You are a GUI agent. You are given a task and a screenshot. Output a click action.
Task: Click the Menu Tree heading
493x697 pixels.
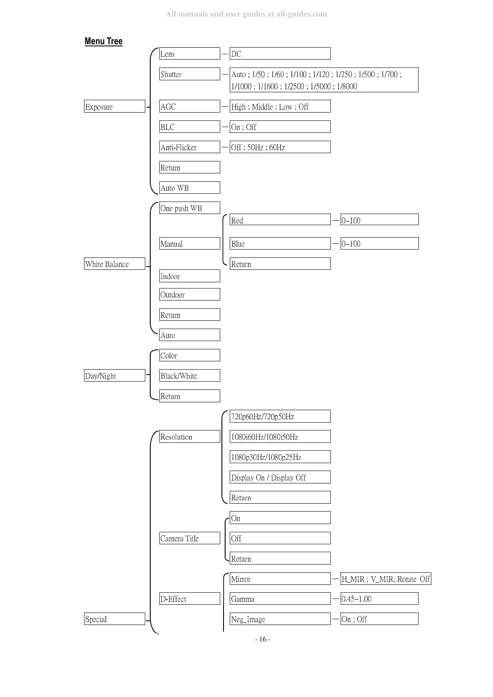103,41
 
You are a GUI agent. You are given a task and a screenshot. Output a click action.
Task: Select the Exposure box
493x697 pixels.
115,106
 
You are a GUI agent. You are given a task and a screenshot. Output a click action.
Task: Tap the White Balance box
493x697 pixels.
115,264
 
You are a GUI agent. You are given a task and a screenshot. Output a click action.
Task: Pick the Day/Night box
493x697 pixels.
115,375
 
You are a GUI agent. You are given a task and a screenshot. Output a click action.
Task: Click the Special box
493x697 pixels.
115,619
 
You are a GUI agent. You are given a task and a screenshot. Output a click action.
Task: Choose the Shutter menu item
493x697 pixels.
190,74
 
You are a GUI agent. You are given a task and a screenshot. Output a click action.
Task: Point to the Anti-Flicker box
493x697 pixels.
190,147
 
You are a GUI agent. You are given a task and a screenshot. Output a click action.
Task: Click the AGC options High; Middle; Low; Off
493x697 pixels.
280,106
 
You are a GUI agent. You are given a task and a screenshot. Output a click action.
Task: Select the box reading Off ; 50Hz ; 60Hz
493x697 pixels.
280,147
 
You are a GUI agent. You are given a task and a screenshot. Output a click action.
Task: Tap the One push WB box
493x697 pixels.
190,208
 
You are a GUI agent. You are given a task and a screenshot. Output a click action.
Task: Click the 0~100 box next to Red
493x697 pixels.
379,220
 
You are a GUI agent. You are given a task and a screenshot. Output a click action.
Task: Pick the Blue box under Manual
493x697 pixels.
280,243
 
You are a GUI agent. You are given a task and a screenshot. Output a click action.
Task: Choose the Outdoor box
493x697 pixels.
190,294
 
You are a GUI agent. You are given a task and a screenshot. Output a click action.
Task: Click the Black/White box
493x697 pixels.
190,375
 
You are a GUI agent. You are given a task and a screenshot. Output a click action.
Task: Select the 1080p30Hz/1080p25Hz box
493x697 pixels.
280,457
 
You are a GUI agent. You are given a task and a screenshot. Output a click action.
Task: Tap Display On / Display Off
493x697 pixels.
280,477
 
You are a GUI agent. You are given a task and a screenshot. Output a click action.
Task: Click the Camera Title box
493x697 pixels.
190,538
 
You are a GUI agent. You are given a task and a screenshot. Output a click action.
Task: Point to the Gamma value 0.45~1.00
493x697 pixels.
379,598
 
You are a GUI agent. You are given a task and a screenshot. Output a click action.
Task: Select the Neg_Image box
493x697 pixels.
280,619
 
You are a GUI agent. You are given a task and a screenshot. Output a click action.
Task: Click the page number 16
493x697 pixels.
262,639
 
